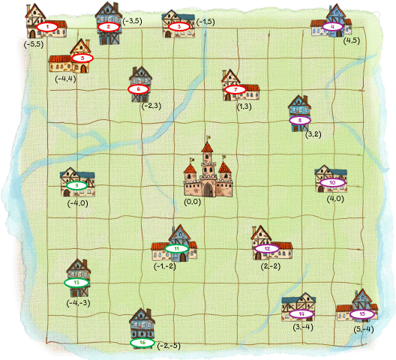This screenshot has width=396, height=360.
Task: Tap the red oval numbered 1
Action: pos(47,27)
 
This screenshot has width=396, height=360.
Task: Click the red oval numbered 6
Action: pos(139,88)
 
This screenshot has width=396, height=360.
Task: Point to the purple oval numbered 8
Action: pos(299,119)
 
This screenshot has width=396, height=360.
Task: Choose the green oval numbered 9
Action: pos(76,185)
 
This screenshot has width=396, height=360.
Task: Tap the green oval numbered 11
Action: pos(176,248)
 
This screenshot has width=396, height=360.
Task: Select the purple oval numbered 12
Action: pos(267,248)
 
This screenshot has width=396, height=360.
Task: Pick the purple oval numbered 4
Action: pos(332,27)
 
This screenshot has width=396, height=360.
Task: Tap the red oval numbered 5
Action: pos(82,58)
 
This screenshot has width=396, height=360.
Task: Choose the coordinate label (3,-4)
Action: pos(302,328)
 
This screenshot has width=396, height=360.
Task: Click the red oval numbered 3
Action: pos(179,27)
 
